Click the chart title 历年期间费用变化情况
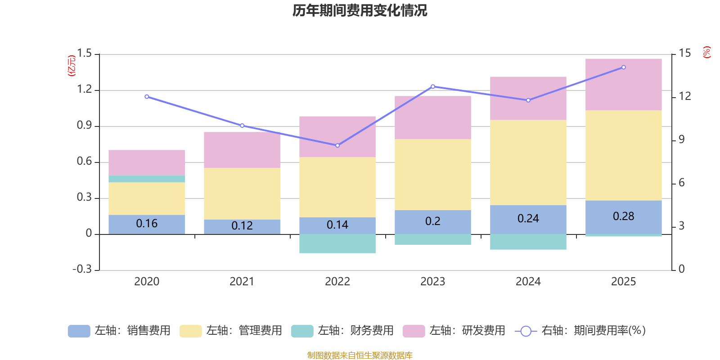click(360, 10)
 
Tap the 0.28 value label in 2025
click(623, 216)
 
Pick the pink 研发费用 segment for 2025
click(623, 85)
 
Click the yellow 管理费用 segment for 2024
click(528, 162)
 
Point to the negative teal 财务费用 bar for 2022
click(337, 243)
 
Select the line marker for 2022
click(337, 145)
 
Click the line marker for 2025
click(623, 67)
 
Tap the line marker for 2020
click(147, 97)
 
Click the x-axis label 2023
click(432, 282)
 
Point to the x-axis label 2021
click(242, 282)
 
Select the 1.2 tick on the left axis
click(84, 90)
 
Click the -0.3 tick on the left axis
click(82, 269)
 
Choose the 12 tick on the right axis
click(684, 96)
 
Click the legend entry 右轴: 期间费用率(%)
click(580, 331)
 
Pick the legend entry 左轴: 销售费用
click(119, 331)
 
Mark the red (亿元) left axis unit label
click(71, 66)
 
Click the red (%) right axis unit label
click(706, 52)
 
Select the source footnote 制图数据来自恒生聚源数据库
click(360, 355)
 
